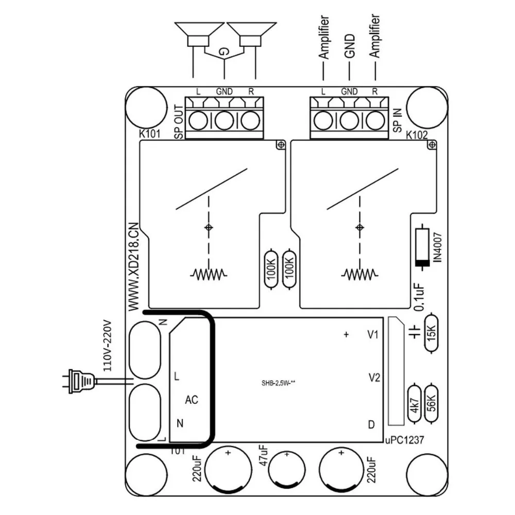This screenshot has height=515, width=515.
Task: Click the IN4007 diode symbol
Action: click(422, 247)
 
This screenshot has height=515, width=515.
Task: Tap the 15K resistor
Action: click(431, 333)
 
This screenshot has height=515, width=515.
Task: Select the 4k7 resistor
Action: click(415, 404)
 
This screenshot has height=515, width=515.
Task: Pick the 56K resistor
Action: click(431, 404)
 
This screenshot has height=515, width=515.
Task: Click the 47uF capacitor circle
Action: click(287, 469)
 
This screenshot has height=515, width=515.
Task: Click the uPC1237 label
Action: click(404, 440)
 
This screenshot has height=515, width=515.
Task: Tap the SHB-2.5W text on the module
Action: click(278, 383)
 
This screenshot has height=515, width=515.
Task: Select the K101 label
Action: click(149, 134)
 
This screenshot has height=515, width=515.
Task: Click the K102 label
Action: click(417, 134)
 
